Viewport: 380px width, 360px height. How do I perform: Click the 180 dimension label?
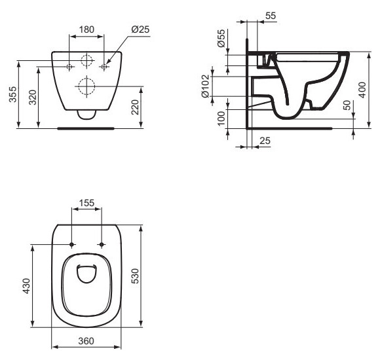click(x=86, y=29)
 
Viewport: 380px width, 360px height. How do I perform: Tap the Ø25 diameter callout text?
click(x=141, y=29)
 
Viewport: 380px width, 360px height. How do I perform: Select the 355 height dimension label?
click(x=13, y=94)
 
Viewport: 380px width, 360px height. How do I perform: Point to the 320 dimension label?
click(x=33, y=98)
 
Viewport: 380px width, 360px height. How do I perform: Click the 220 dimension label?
click(x=135, y=107)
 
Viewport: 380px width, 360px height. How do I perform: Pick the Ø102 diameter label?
click(x=205, y=86)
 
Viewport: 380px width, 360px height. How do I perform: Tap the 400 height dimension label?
click(x=362, y=90)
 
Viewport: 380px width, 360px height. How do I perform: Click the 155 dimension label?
click(x=86, y=203)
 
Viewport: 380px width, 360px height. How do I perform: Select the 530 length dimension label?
click(x=135, y=276)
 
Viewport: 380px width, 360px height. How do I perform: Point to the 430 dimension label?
click(x=26, y=286)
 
